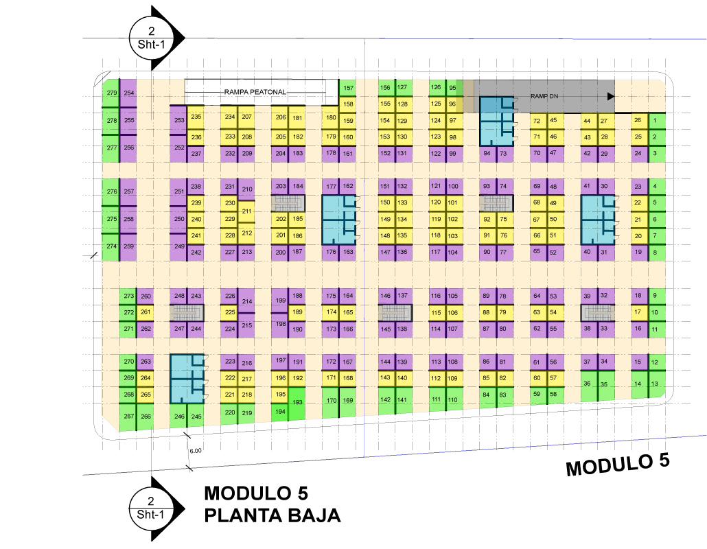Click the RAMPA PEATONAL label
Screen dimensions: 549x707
255,91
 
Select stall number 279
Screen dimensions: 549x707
111,93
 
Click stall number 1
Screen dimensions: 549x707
655,121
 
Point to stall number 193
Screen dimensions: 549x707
298,402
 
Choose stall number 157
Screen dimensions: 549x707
348,88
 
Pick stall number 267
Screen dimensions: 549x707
128,417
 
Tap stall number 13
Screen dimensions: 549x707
655,384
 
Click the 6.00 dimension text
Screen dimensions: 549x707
195,451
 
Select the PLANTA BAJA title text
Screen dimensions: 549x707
273,515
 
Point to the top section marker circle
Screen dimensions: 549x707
150,37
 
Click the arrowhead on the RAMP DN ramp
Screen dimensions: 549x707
610,97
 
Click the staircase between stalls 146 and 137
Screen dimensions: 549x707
394,313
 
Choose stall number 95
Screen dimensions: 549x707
452,88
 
